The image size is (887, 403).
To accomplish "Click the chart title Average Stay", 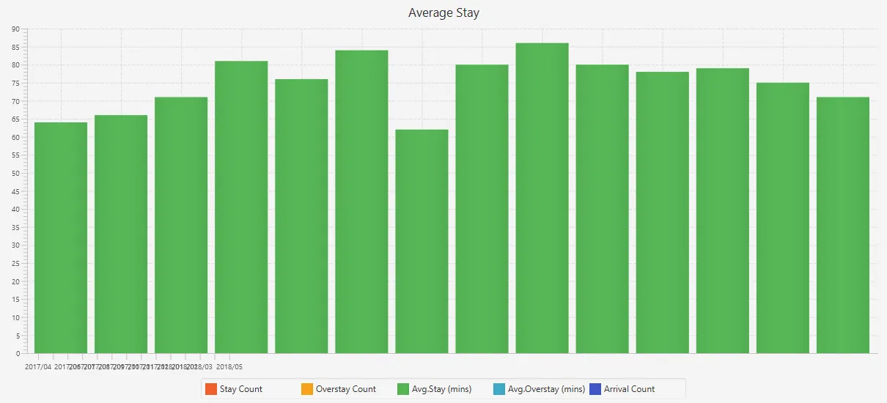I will (x=443, y=13).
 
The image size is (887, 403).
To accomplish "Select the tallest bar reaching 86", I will (x=542, y=198).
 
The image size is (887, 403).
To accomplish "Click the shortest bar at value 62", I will (x=422, y=241).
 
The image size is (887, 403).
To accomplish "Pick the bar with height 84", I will (x=361, y=202).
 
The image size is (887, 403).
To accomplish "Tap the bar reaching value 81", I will (x=241, y=207).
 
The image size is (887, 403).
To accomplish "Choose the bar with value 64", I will (x=61, y=237).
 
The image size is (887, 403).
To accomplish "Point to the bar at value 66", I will (x=121, y=234).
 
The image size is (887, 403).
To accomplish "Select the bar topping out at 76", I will (x=301, y=216).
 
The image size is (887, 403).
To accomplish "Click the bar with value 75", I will (x=783, y=218).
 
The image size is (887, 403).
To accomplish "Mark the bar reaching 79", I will (x=723, y=210).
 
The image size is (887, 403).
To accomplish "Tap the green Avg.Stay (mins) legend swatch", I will (x=402, y=389).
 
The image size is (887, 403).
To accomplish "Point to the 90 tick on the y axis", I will (x=15, y=29).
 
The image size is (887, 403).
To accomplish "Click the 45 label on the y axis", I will (x=15, y=191).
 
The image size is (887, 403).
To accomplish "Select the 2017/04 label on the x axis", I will (x=38, y=366).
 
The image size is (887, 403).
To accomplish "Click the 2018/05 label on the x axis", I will (x=229, y=366).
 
